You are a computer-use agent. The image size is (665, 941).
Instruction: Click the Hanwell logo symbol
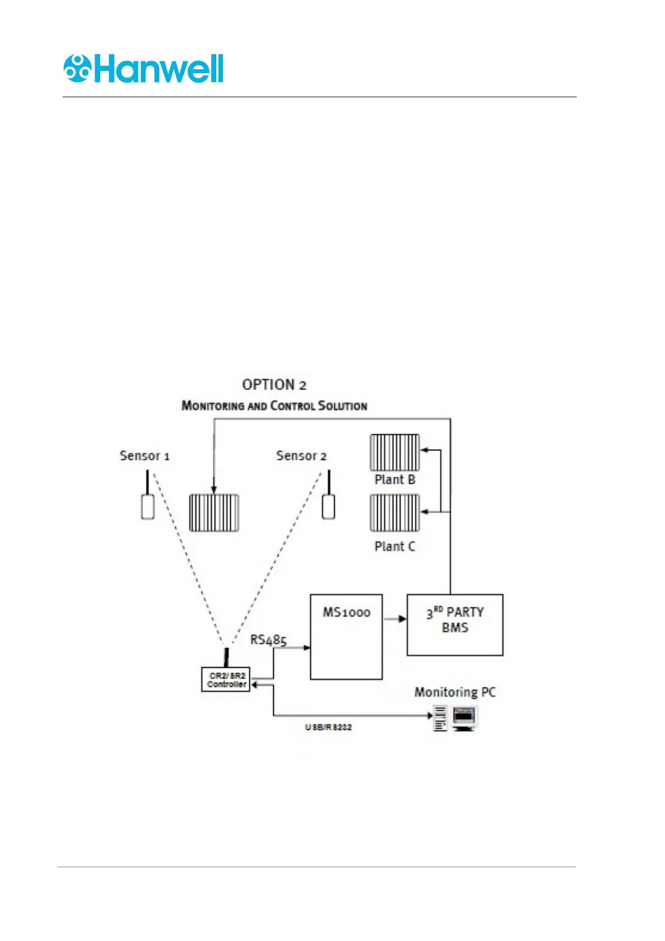click(77, 69)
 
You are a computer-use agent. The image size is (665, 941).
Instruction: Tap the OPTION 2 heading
click(274, 385)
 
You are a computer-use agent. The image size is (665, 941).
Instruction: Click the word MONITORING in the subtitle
click(213, 406)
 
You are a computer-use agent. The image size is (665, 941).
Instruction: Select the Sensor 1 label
click(144, 456)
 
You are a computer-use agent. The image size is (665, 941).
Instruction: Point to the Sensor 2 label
click(301, 456)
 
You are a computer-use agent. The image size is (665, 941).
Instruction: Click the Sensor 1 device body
click(148, 507)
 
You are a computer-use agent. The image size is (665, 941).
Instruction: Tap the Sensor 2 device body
click(329, 507)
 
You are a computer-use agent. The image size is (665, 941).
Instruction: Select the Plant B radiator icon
click(395, 453)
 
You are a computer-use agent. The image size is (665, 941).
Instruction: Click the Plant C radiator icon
click(395, 513)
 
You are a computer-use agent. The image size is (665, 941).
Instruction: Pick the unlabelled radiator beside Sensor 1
click(214, 513)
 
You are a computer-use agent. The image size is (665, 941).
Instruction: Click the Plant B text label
click(395, 480)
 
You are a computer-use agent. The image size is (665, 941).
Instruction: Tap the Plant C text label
click(395, 546)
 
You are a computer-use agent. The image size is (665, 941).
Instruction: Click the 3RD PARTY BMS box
click(455, 625)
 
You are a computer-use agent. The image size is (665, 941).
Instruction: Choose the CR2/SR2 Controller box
click(226, 680)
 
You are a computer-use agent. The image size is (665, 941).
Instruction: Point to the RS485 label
click(268, 640)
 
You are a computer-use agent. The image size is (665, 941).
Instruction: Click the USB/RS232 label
click(329, 728)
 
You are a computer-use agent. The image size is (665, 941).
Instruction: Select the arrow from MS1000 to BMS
click(395, 619)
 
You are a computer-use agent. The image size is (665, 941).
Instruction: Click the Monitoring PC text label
click(455, 692)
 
